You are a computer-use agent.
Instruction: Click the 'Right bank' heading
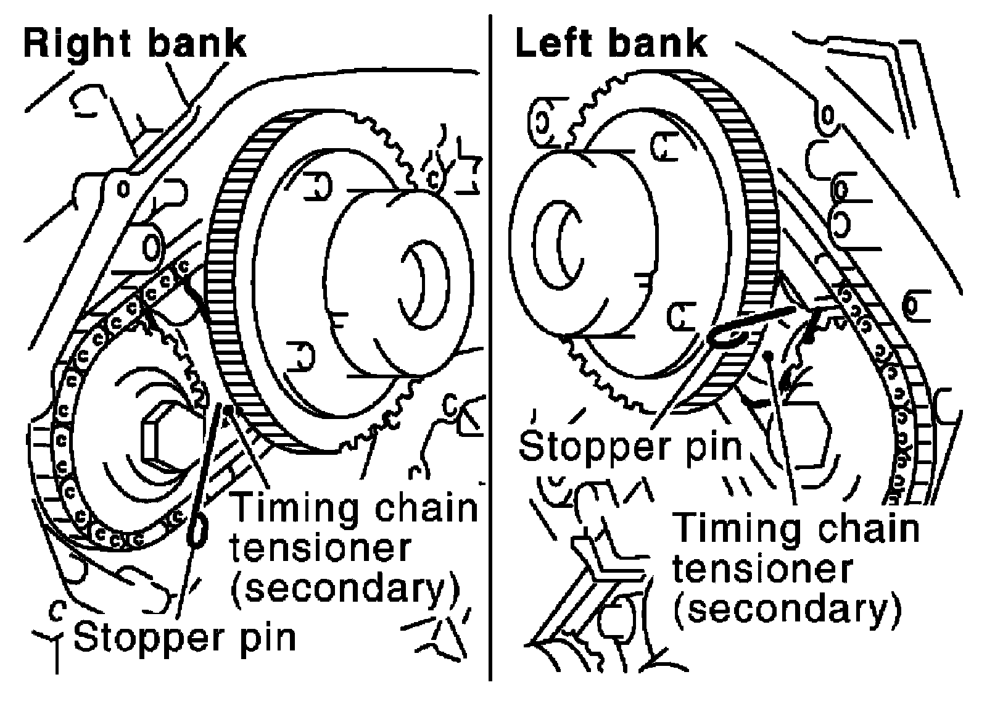(x=135, y=44)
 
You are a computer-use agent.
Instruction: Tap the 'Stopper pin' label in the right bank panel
(x=184, y=637)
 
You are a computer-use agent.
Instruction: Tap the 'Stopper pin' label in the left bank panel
(x=630, y=447)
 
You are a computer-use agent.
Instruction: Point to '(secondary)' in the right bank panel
(x=345, y=589)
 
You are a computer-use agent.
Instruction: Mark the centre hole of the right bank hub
(x=424, y=284)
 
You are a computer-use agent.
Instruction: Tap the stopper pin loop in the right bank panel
(x=198, y=531)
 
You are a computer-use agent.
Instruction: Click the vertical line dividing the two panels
(x=490, y=347)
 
